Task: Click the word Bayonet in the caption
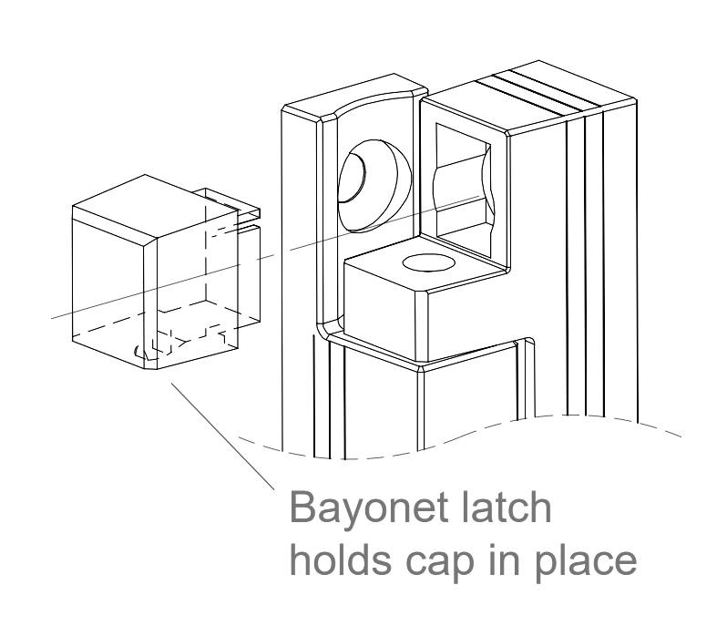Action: [x=371, y=509]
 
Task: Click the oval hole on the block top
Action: [x=428, y=263]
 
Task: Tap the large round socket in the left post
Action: [x=374, y=186]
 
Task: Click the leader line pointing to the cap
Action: [x=222, y=436]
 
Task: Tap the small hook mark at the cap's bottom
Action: [x=137, y=351]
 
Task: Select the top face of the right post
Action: [x=528, y=97]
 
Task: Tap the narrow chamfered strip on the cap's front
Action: [x=150, y=303]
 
